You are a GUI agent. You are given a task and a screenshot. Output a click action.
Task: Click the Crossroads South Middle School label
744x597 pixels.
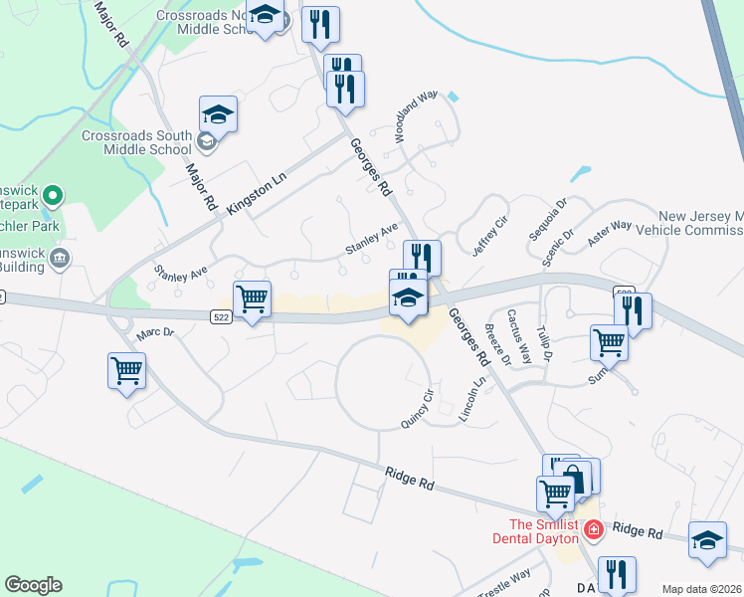click(136, 142)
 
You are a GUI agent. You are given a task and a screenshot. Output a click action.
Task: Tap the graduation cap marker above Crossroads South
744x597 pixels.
click(218, 115)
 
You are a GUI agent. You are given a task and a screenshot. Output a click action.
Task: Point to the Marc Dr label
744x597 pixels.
click(155, 334)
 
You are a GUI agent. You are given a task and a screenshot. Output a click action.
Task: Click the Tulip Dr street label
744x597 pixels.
click(545, 341)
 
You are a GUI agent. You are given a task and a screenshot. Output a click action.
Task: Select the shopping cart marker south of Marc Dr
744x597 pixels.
click(127, 371)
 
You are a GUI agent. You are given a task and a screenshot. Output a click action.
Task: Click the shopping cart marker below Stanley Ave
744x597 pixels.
click(252, 298)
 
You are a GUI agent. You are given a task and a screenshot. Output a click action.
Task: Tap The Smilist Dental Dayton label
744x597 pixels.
click(543, 531)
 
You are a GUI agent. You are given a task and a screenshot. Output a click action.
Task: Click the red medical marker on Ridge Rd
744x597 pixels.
click(594, 529)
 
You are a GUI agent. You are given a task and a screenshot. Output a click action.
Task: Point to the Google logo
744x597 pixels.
click(33, 585)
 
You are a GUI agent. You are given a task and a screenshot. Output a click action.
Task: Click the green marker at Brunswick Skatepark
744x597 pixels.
click(56, 195)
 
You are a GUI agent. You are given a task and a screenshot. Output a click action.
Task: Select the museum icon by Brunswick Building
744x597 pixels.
click(60, 260)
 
